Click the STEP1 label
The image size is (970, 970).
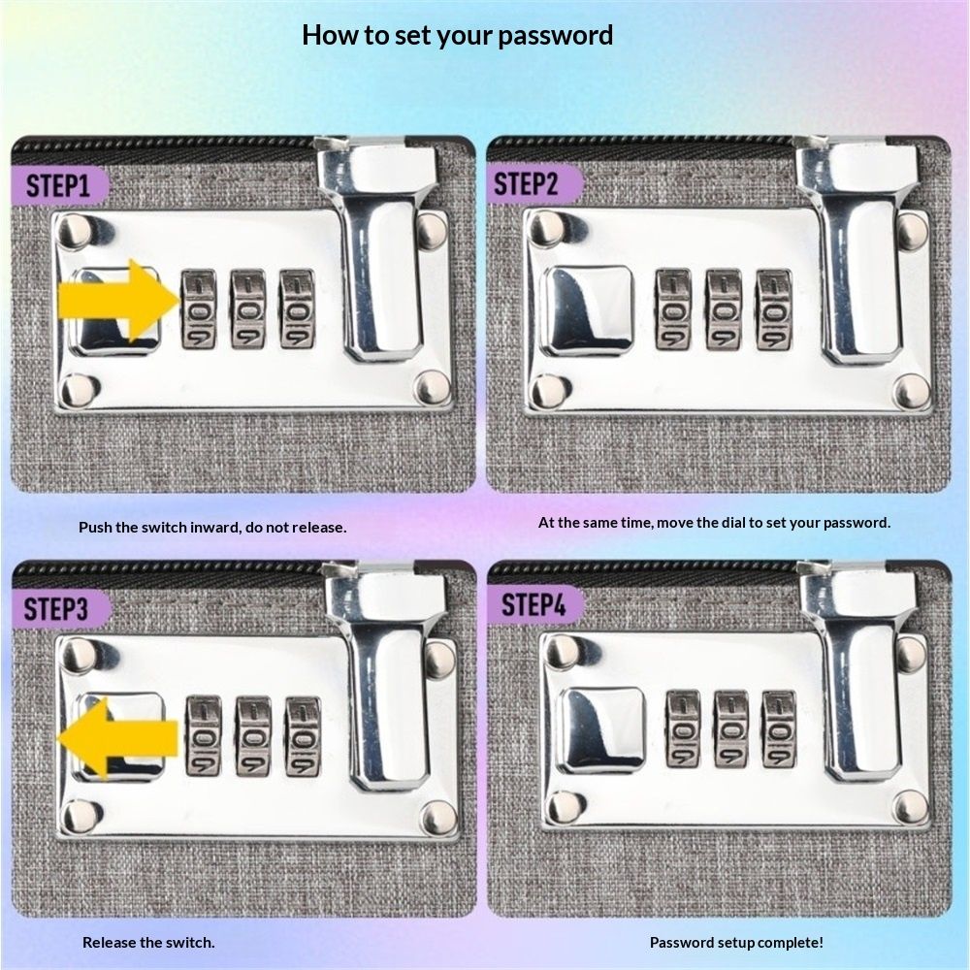coord(57,185)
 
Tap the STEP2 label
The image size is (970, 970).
coord(525,183)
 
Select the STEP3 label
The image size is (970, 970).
coord(55,609)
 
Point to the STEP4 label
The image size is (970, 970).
coord(533,604)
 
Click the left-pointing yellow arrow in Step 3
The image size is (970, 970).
coord(117,738)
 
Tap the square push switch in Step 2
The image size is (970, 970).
coord(588,311)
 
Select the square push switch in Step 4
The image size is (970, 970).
coord(601,730)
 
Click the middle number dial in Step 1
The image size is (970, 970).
coord(248,308)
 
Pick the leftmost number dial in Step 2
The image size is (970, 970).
coord(674,309)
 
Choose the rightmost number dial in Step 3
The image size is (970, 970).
coord(303,736)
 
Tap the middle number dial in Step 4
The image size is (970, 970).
coord(731,729)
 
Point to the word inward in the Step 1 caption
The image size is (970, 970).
coord(215,527)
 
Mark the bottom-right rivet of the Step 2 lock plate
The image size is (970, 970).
coord(911,391)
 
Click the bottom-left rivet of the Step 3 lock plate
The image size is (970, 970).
coord(80,816)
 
